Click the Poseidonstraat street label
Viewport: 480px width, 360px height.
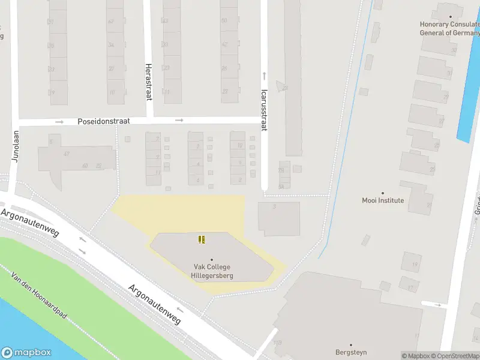pyautogui.click(x=104, y=121)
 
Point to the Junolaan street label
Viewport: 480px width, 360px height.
pyautogui.click(x=16, y=148)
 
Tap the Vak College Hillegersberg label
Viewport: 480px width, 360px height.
pyautogui.click(x=212, y=271)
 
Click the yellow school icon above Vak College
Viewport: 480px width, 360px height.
pyautogui.click(x=202, y=239)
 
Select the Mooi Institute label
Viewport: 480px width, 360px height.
pyautogui.click(x=383, y=200)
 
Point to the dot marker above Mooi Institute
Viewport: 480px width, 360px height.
pyautogui.click(x=383, y=191)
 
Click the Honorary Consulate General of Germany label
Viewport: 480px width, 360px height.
pyautogui.click(x=450, y=28)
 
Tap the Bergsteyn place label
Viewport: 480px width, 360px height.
pyautogui.click(x=351, y=352)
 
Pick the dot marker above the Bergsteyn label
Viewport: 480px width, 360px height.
pyautogui.click(x=351, y=344)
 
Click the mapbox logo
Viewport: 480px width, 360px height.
pyautogui.click(x=26, y=353)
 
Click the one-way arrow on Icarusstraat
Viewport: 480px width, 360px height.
pyautogui.click(x=263, y=76)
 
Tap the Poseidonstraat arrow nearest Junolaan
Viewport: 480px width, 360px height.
pyautogui.click(x=59, y=122)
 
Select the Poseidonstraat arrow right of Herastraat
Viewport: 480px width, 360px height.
pyautogui.click(x=179, y=121)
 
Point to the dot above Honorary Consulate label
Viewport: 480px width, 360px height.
pyautogui.click(x=451, y=16)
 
